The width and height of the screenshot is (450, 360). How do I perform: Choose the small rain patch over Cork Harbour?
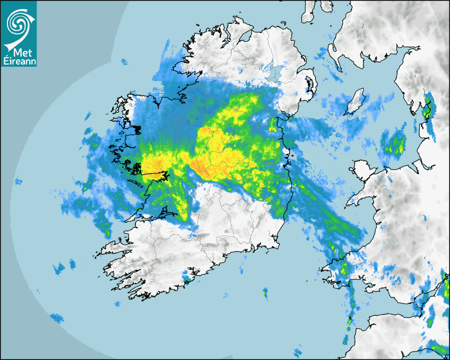click(186, 275)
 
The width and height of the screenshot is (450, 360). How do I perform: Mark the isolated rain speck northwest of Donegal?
click(125, 62)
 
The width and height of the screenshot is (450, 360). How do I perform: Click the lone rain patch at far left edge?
click(19, 182)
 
